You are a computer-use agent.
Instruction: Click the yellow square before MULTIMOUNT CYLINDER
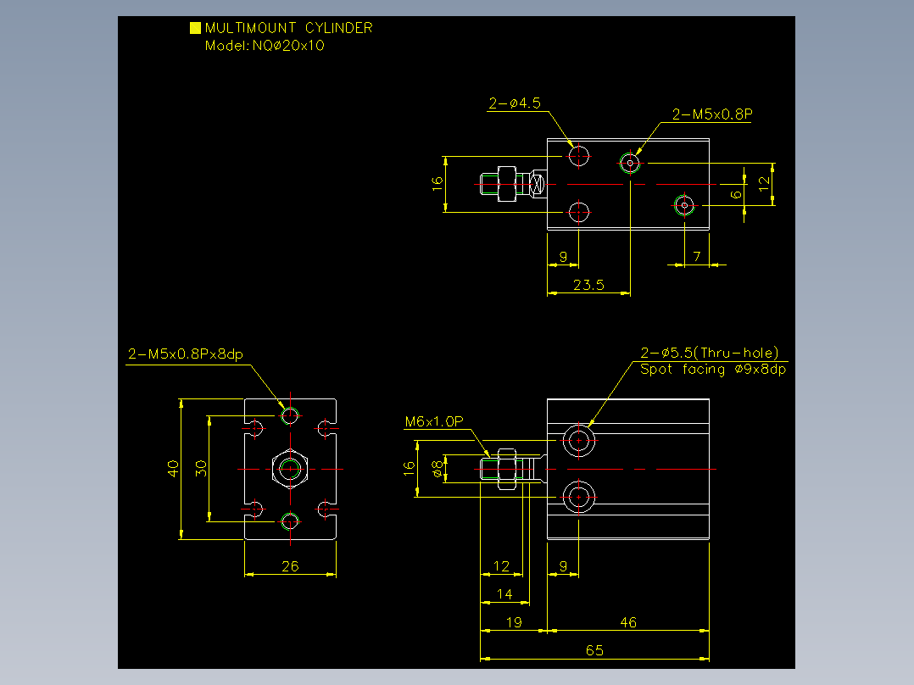coord(195,28)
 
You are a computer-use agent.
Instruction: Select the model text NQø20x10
coord(288,46)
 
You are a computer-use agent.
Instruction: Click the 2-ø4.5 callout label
coord(515,103)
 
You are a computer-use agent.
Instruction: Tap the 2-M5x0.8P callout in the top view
coord(711,114)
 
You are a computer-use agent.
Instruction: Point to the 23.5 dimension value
coord(588,285)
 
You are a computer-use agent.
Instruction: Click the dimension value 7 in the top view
coord(697,257)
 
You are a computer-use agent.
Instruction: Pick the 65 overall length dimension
coord(594,650)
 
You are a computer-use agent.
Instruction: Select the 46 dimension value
coord(628,622)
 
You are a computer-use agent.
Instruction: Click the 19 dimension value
coord(514,622)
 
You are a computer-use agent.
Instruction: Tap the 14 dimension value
coord(504,594)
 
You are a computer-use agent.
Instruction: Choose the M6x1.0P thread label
coord(434,421)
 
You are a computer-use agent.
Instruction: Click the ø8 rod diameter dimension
coord(437,469)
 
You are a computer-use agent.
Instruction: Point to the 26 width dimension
coord(290,566)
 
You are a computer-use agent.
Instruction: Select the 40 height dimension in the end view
coord(173,469)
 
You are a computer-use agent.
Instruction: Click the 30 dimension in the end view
coord(201,469)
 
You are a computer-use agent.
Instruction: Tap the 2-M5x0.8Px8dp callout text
coord(186,354)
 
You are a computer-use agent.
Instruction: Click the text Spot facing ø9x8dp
coord(713,370)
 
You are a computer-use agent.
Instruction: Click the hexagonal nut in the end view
coord(290,452)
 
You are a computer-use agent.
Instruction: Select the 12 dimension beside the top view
coord(764,184)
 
